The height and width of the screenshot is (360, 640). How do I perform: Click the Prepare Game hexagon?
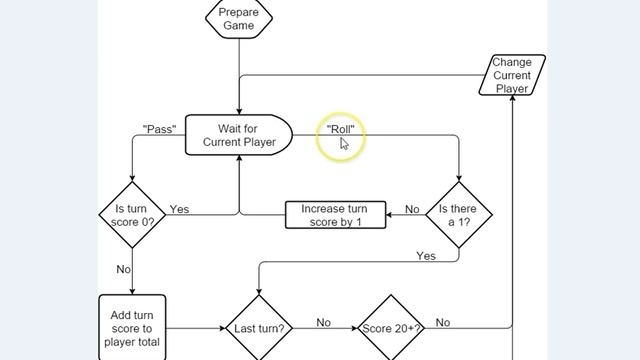tap(239, 18)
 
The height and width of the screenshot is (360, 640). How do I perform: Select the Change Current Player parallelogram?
tap(513, 75)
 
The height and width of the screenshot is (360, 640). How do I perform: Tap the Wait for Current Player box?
tap(238, 135)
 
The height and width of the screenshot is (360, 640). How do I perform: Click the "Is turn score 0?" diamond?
tap(133, 214)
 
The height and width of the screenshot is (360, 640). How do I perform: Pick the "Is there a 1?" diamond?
tap(459, 214)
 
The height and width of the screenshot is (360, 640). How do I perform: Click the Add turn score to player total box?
tap(132, 327)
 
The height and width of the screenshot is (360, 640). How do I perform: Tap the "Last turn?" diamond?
tap(259, 328)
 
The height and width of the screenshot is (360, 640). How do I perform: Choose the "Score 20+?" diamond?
tap(391, 328)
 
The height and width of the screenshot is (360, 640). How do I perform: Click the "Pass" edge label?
tap(160, 129)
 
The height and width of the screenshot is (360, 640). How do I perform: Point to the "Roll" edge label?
tap(341, 129)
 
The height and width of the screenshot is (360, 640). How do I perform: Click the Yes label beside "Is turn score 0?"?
tap(179, 209)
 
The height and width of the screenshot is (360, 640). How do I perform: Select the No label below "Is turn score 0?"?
tap(124, 269)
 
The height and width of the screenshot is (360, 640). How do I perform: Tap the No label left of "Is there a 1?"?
tap(412, 209)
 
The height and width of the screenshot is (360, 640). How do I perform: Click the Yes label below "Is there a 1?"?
tap(426, 256)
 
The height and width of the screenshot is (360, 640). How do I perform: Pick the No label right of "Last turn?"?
tap(324, 322)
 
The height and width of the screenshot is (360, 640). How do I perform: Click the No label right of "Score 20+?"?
tap(443, 322)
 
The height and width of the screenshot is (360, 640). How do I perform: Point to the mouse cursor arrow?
tap(344, 143)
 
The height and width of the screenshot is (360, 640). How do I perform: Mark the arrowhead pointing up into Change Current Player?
tap(513, 100)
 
